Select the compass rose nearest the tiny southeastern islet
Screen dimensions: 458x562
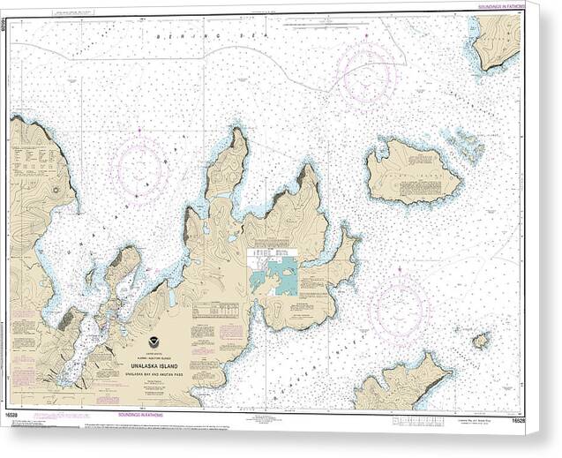coord(399,308)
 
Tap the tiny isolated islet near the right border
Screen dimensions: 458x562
coord(480,340)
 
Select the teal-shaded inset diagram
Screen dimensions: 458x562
coord(274,276)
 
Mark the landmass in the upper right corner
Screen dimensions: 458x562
coord(498,39)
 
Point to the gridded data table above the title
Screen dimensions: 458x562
coord(215,311)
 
